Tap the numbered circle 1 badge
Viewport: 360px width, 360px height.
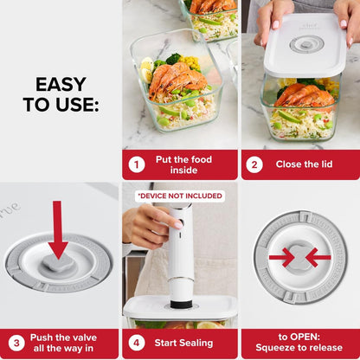pyautogui.click(x=136, y=164)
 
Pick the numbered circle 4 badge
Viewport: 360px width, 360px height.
pyautogui.click(x=136, y=344)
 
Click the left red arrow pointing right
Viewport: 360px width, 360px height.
pyautogui.click(x=280, y=257)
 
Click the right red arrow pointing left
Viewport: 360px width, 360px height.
pyautogui.click(x=318, y=257)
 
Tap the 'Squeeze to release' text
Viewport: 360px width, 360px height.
pyautogui.click(x=299, y=350)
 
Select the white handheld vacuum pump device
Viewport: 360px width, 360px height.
pyautogui.click(x=179, y=251)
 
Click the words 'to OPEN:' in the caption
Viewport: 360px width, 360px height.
pyautogui.click(x=299, y=337)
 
